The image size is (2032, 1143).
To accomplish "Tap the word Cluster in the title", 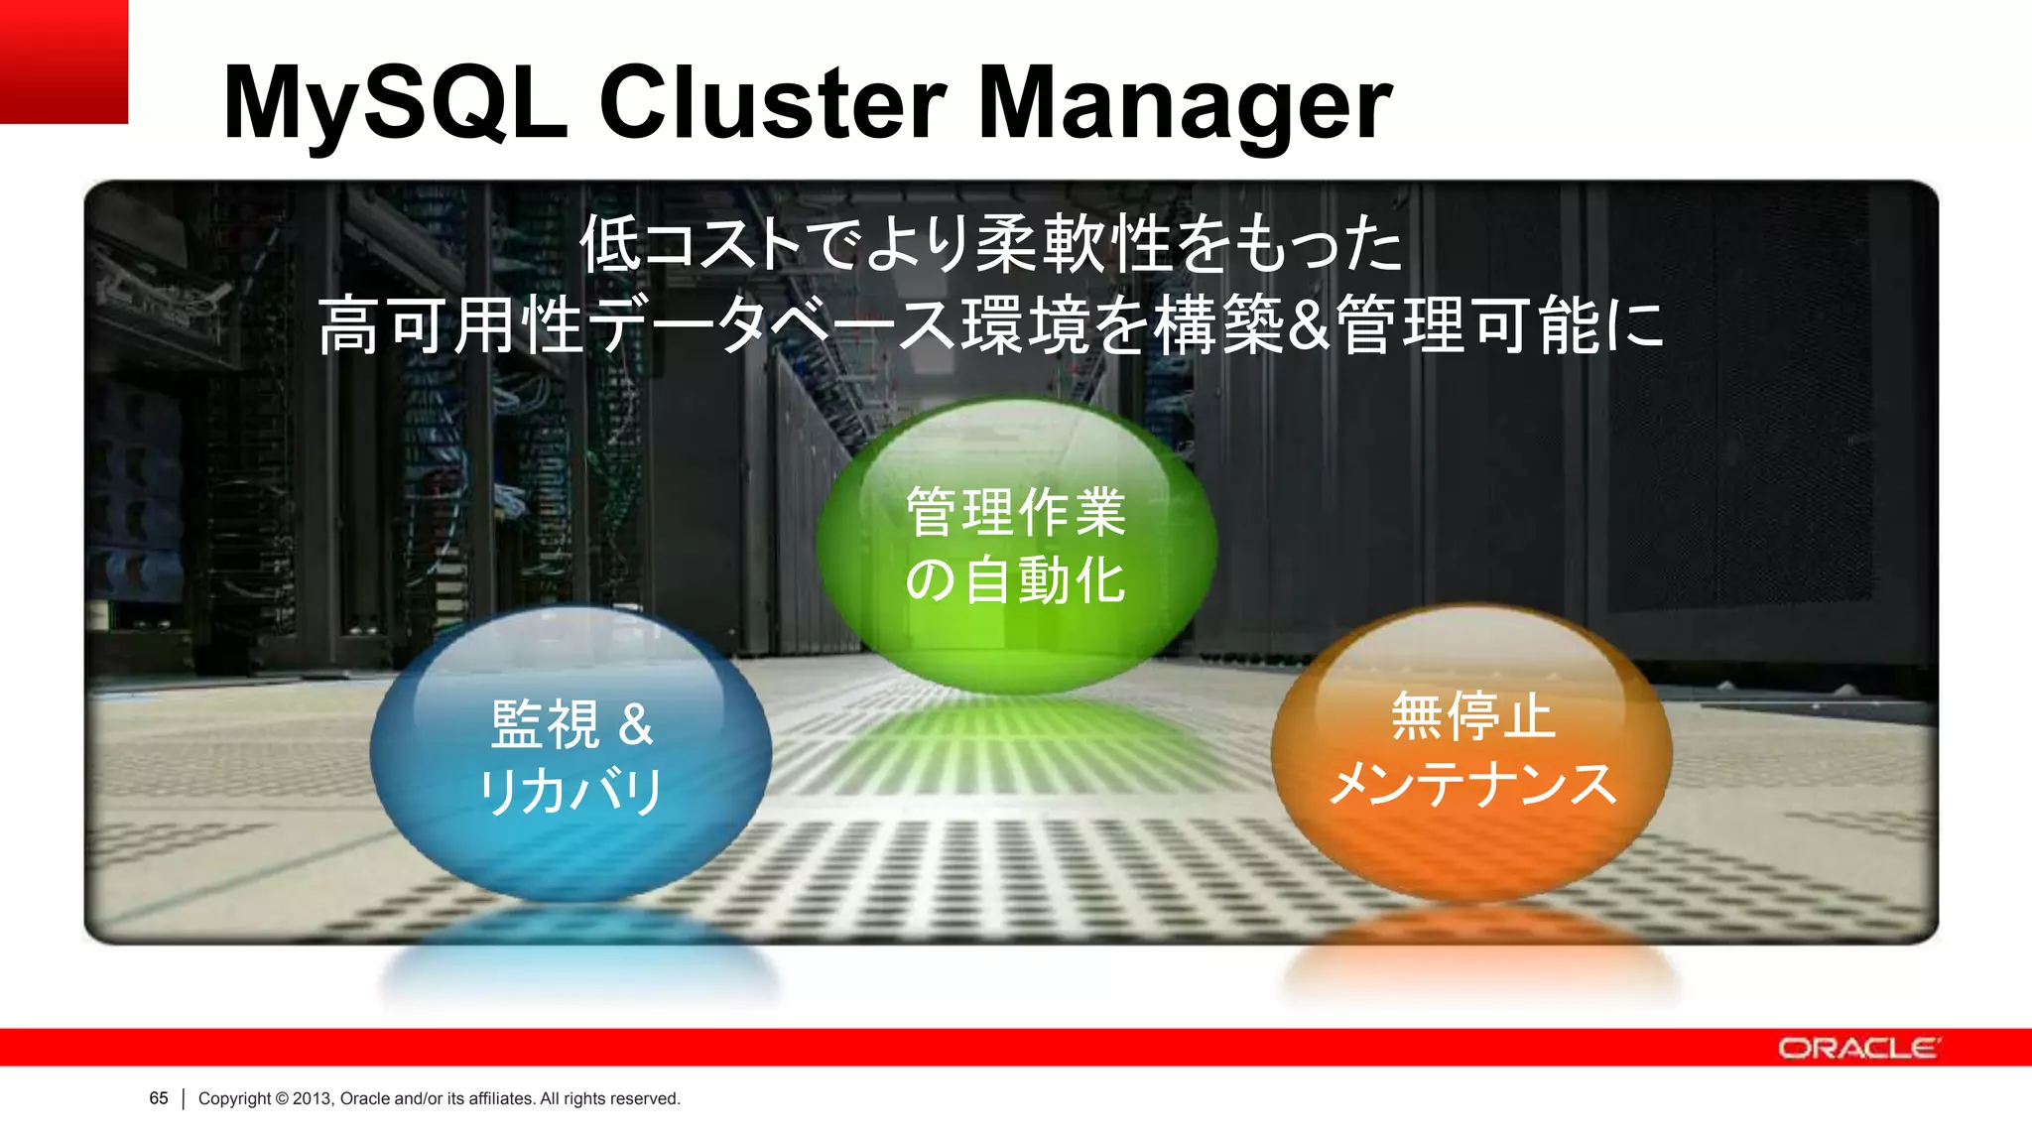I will [x=774, y=102].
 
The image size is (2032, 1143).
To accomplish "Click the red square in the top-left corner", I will [x=63, y=61].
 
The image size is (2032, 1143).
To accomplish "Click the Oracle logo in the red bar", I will [x=1858, y=1048].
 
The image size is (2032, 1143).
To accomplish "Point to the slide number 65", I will [x=159, y=1098].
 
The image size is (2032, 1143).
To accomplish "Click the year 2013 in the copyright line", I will [x=312, y=1098].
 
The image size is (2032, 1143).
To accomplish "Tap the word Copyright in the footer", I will [x=234, y=1098].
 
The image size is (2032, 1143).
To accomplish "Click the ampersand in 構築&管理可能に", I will [x=1310, y=325].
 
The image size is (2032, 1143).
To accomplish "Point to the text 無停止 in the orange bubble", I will [x=1471, y=716].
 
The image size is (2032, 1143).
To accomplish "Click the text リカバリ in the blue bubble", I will [x=571, y=792].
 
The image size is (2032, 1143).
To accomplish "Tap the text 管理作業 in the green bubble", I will [x=1016, y=512].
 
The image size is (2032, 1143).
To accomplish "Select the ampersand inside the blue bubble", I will [x=636, y=724].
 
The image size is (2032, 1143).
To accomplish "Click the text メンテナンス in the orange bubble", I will [x=1471, y=784].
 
